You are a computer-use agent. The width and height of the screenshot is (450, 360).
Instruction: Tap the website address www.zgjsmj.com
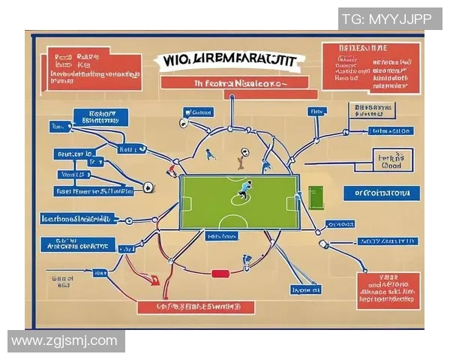coord(65,341)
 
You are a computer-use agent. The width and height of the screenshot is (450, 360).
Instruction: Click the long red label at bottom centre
coord(196,306)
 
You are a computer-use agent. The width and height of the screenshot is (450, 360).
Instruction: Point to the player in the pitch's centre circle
coord(244,190)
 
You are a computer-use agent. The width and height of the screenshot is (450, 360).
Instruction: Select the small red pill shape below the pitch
coord(220,274)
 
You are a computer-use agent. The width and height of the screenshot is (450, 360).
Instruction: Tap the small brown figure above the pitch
coord(241,157)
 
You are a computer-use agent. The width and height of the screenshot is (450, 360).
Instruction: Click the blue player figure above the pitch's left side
coord(211,154)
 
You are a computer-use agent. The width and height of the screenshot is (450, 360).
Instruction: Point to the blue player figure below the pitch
coord(247,262)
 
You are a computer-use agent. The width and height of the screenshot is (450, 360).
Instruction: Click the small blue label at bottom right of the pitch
coord(306,289)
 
